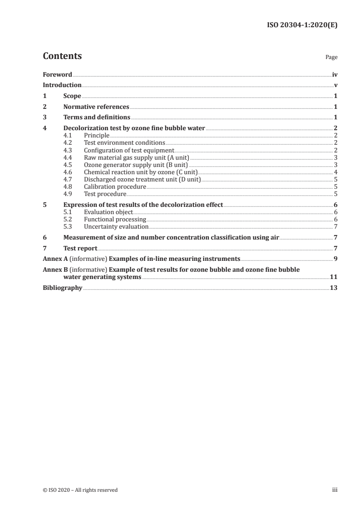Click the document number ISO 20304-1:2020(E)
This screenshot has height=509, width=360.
[x=301, y=25]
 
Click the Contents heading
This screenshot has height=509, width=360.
[x=62, y=56]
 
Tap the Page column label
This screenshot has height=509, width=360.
[x=331, y=58]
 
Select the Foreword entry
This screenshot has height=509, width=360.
[x=57, y=74]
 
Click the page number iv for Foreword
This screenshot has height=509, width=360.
[x=335, y=74]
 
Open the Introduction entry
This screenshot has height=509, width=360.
[x=62, y=85]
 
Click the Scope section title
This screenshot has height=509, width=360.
[x=72, y=96]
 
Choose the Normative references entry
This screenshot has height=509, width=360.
[x=96, y=107]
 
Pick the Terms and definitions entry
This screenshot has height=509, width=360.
[x=97, y=118]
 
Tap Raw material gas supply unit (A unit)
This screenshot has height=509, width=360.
[x=130, y=157]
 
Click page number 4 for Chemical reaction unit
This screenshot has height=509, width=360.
[x=335, y=172]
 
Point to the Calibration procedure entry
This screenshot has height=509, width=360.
[x=115, y=186]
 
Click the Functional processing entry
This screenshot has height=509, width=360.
[x=115, y=219]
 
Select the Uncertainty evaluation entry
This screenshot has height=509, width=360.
[x=116, y=226]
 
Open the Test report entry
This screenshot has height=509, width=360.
[x=80, y=248]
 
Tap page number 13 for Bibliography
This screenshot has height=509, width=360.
[x=334, y=288]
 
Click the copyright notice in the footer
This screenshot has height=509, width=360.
[x=80, y=490]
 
